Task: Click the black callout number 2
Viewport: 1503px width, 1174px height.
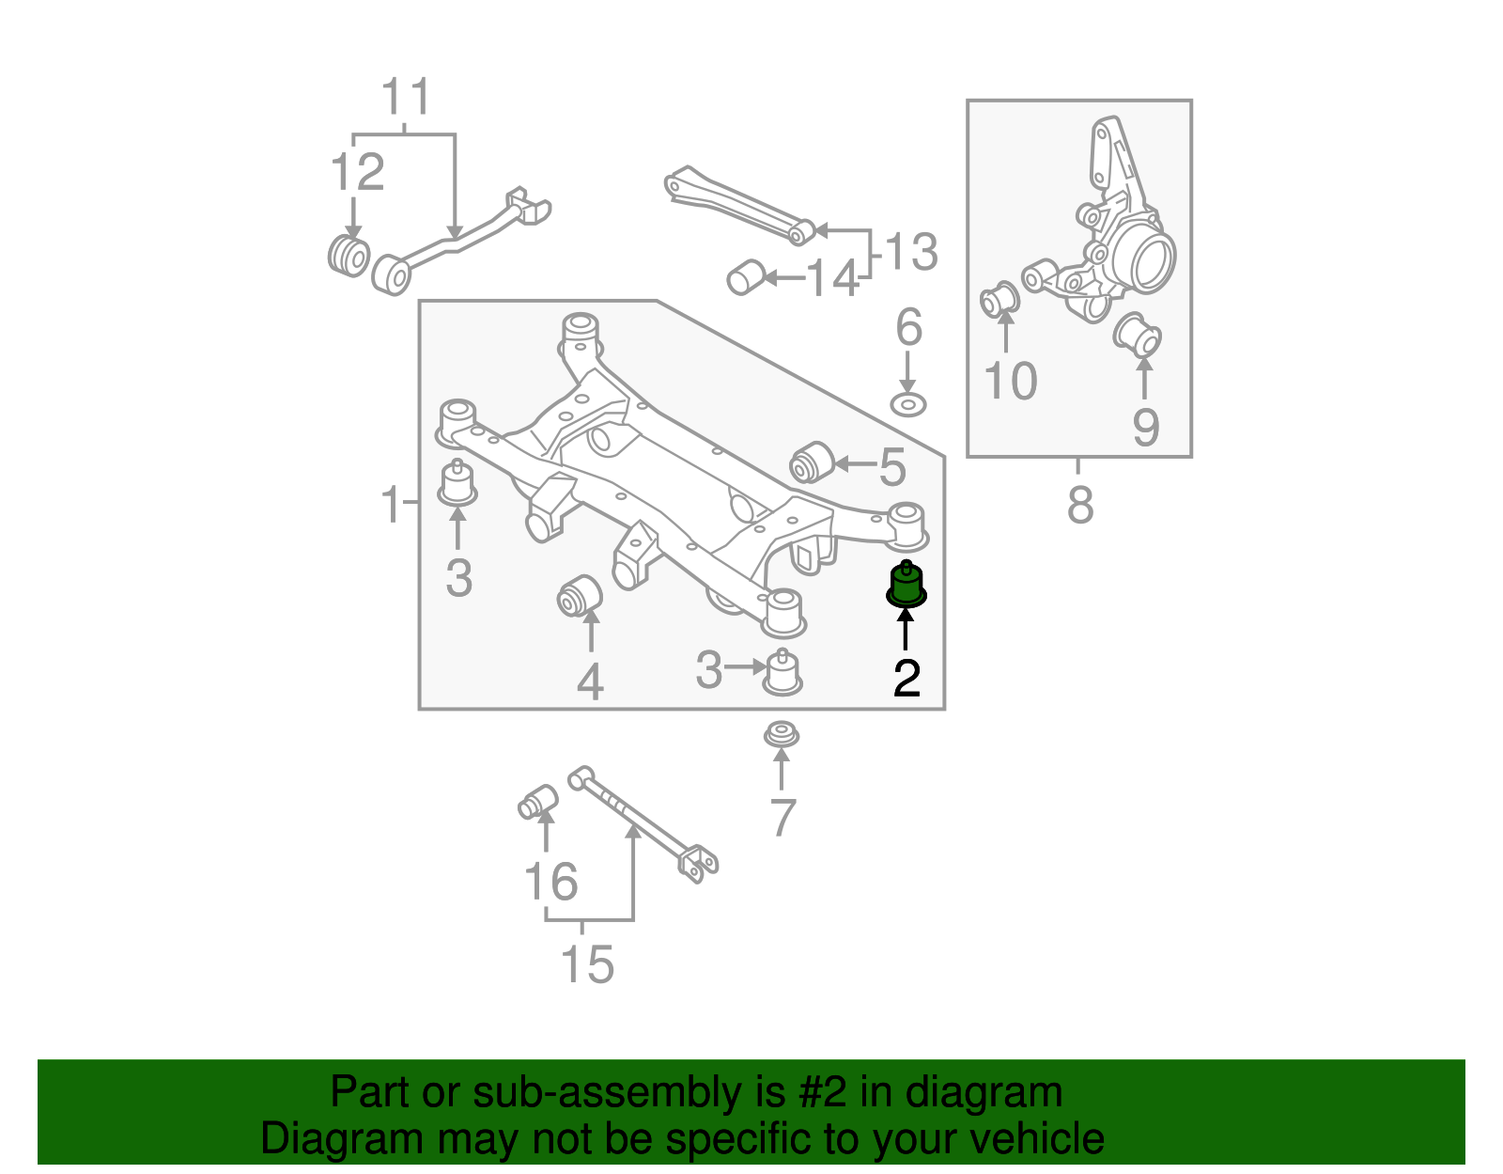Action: (x=906, y=678)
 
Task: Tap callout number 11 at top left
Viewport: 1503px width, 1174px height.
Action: (x=406, y=97)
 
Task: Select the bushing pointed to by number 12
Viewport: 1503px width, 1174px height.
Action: (x=349, y=255)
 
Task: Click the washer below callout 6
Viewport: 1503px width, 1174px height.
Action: (x=908, y=405)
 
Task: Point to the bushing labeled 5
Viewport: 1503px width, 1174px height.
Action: (x=812, y=462)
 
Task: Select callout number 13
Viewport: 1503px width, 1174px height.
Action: (x=910, y=252)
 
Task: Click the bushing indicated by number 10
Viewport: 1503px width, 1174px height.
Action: (x=1000, y=301)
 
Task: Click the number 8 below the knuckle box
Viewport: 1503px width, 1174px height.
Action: (x=1080, y=505)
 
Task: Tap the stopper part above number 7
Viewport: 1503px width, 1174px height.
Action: (x=781, y=734)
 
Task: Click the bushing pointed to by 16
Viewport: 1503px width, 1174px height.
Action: (x=538, y=802)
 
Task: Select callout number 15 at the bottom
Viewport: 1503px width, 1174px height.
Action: (x=587, y=964)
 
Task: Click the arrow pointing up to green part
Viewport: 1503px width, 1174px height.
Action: (x=906, y=629)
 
